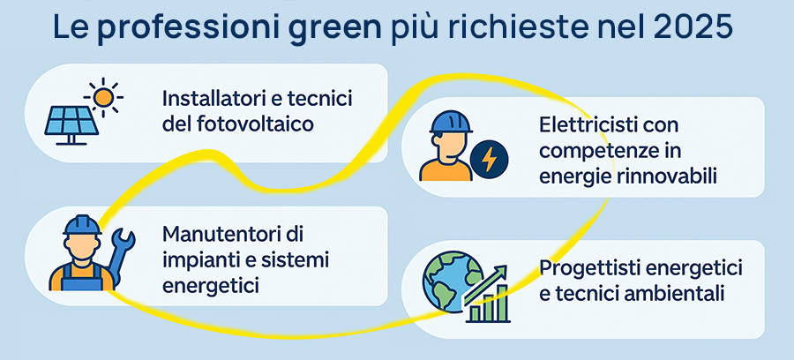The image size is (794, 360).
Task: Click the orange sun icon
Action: point(104,94)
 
